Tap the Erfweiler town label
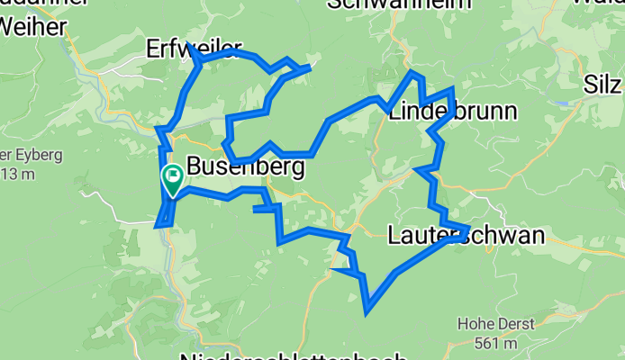(180, 49)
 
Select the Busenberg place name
(245, 167)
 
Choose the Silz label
(602, 85)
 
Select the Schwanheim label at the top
(387, 4)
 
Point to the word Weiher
(33, 27)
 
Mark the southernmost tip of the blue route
(367, 313)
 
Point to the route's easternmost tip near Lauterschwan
(468, 227)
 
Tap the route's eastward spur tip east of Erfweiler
(310, 67)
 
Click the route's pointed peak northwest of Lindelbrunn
(411, 72)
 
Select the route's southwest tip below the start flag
(159, 226)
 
